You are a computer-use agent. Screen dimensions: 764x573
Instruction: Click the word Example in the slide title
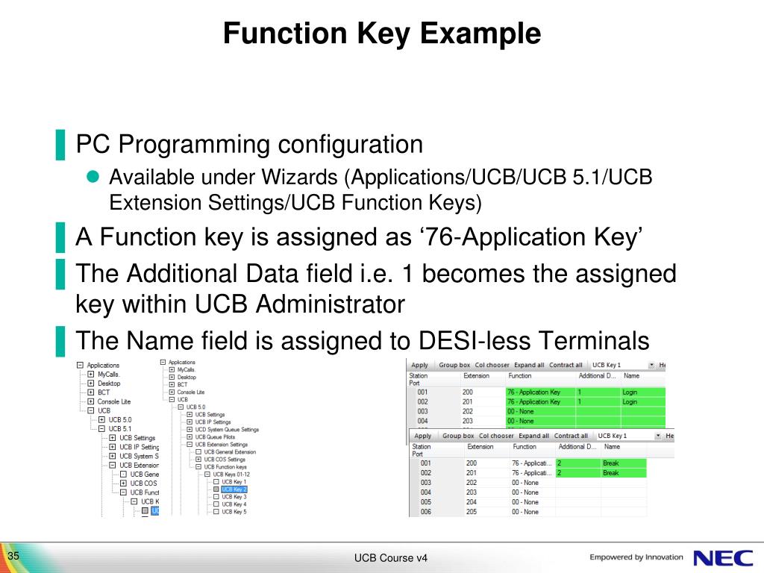tap(483, 34)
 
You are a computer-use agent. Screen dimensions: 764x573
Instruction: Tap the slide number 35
tap(13, 557)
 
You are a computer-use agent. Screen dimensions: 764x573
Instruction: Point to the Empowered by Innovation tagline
tap(636, 557)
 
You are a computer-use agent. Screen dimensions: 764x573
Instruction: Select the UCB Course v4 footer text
tap(391, 559)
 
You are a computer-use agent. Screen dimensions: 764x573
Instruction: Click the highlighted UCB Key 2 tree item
tap(234, 489)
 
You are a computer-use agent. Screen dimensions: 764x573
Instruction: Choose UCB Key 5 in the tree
tap(234, 512)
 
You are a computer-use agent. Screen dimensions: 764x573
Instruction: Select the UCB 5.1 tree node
tap(120, 429)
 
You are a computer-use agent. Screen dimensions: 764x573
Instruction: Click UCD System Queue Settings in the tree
tap(227, 430)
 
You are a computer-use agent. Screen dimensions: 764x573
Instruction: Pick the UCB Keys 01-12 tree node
tap(231, 474)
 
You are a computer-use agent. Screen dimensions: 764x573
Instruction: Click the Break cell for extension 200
tap(611, 463)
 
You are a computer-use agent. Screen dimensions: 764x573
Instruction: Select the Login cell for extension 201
tap(630, 401)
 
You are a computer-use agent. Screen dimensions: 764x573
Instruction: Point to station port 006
tap(426, 512)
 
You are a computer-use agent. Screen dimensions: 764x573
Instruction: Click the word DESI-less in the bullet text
tap(472, 342)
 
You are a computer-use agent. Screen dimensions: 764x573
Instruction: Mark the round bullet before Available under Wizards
tap(93, 177)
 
